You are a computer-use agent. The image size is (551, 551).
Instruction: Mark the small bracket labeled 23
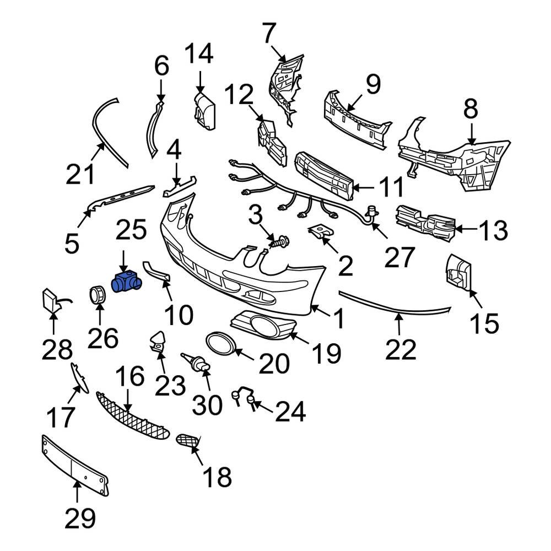coord(158,341)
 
